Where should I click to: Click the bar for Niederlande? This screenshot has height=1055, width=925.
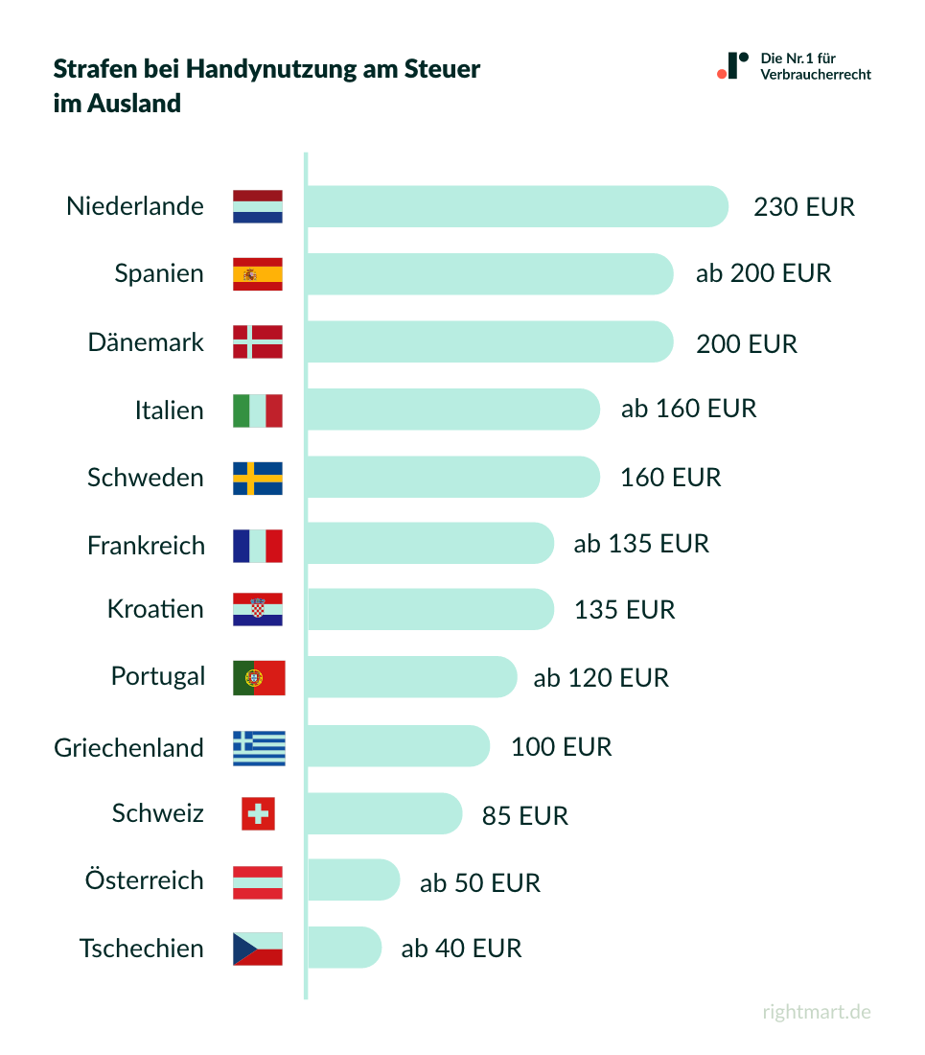tap(518, 206)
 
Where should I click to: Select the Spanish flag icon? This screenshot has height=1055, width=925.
tap(258, 274)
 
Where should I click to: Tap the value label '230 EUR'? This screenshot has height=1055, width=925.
tap(803, 207)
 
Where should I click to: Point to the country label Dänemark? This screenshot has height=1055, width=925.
tap(146, 342)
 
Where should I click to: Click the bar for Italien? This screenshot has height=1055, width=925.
tap(452, 410)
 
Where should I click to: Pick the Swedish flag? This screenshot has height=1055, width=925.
tap(258, 478)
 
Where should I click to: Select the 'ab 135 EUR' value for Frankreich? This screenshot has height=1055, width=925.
tap(641, 544)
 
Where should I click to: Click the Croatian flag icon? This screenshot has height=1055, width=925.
tap(258, 609)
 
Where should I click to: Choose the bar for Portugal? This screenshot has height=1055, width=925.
tap(411, 677)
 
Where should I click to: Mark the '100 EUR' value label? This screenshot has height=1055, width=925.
tap(561, 747)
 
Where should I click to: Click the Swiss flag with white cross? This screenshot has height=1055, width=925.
tap(258, 814)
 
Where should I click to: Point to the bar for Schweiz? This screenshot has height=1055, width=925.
tap(384, 813)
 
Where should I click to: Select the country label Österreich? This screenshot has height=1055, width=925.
tap(145, 880)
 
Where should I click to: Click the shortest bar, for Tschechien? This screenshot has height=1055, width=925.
tap(344, 948)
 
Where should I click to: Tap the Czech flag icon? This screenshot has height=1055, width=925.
tap(258, 949)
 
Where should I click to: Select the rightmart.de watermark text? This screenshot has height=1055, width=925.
tap(817, 1012)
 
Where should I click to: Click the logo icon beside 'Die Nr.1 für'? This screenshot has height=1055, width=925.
tap(732, 66)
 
